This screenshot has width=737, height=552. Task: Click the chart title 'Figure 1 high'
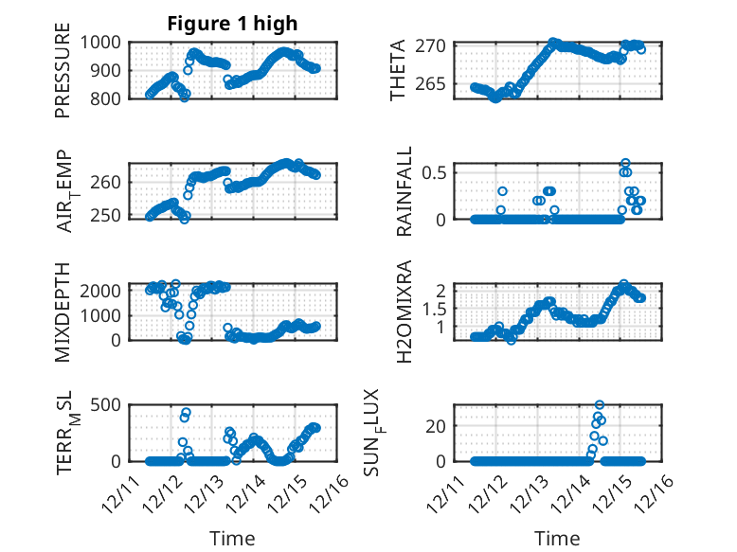click(232, 24)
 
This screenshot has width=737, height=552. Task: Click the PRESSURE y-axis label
click(63, 77)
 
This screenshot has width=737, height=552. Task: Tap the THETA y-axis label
click(399, 70)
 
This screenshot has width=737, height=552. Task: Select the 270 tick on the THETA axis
click(435, 45)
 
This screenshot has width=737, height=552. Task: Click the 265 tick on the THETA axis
click(435, 85)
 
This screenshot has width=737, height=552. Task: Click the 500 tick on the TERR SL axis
click(108, 405)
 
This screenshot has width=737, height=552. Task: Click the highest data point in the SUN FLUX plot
click(600, 405)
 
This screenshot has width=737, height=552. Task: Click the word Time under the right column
click(557, 539)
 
